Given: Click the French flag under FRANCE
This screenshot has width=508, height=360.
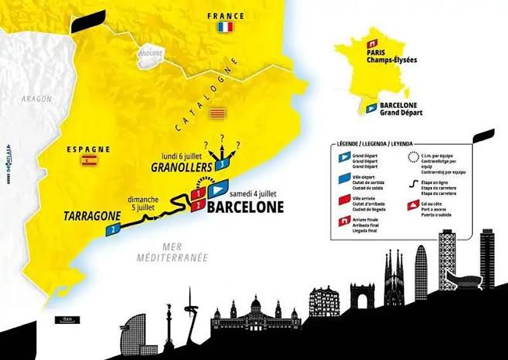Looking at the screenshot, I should click(224, 27).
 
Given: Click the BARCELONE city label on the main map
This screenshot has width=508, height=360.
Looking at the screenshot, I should click(246, 206).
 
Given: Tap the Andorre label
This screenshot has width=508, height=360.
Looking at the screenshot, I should click(150, 53).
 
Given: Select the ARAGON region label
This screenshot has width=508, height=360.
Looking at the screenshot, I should click(36, 99).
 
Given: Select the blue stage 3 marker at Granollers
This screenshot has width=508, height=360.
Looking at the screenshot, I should click(220, 164).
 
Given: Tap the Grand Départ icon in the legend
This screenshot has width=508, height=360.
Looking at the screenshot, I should click(343, 156).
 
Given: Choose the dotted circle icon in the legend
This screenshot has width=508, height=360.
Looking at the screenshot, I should click(413, 156).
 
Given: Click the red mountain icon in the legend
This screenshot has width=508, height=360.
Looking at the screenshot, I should click(414, 205).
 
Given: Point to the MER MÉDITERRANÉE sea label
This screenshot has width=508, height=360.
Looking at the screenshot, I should click(173, 253).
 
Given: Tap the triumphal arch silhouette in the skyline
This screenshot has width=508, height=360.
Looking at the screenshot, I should click(362, 296).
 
